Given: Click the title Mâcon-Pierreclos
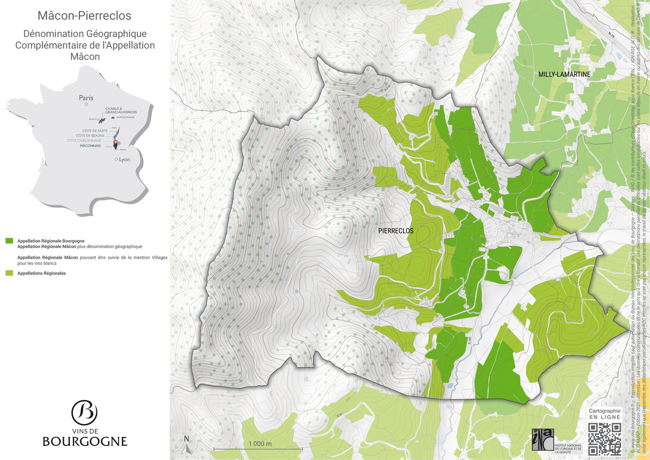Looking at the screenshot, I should (x=85, y=16).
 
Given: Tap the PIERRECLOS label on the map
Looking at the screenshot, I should (x=396, y=231).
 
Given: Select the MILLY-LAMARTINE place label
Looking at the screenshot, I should (x=564, y=74).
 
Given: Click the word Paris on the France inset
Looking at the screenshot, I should (x=86, y=98).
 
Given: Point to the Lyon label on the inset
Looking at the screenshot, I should (x=124, y=159).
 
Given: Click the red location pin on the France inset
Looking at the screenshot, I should (x=115, y=143).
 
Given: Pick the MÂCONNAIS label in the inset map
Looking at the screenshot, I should (x=90, y=146).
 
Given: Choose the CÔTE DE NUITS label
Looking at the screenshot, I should (x=95, y=131).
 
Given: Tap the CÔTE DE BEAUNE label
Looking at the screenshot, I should (x=90, y=136).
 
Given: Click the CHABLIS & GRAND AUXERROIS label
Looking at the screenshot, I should (x=121, y=110).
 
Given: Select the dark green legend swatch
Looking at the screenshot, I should (x=9, y=241).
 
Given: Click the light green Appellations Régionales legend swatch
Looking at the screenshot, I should (x=9, y=273).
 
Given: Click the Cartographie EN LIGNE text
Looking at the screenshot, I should (x=605, y=414).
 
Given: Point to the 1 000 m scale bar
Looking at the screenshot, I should (x=258, y=449).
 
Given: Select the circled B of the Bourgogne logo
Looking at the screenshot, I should (x=85, y=412).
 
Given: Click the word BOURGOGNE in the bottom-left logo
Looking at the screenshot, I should (x=85, y=442).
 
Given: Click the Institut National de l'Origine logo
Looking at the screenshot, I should (x=543, y=439).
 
